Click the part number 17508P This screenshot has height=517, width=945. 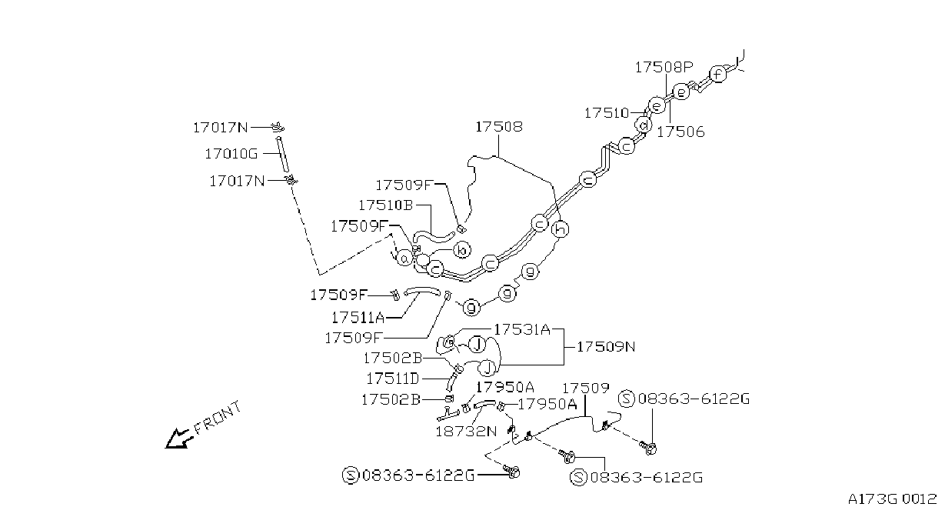click(x=664, y=67)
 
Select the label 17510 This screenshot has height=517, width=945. click(x=607, y=113)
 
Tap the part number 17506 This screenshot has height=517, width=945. click(x=681, y=132)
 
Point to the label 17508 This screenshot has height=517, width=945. click(x=499, y=127)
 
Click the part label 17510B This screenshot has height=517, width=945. click(x=385, y=205)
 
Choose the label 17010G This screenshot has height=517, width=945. click(x=231, y=154)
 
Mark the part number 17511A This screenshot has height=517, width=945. click(x=358, y=318)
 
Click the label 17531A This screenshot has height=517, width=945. click(x=522, y=329)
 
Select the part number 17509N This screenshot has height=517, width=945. click(x=606, y=347)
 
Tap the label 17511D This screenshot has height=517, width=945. click(x=393, y=379)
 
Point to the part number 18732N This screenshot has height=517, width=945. click(x=466, y=432)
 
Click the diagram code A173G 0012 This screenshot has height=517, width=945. click(x=892, y=499)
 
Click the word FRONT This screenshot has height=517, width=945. click(x=218, y=418)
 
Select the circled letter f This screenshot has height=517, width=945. click(x=717, y=75)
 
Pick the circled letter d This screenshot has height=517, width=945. click(x=644, y=125)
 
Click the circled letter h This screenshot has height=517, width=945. click(x=561, y=229)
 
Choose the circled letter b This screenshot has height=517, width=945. click(x=462, y=250)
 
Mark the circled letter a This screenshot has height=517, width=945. click(x=404, y=258)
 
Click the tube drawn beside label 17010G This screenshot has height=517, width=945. click(x=282, y=155)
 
